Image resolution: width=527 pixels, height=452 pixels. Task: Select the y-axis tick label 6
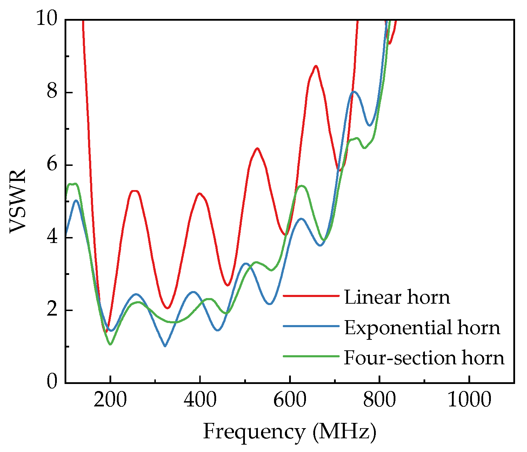[52, 165]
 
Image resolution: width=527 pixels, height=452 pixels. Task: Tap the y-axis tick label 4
[52, 237]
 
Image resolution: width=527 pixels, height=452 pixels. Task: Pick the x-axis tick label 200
[110, 400]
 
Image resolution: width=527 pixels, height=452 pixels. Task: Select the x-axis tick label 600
[289, 400]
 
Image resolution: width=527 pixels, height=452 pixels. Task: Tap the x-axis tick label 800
[379, 400]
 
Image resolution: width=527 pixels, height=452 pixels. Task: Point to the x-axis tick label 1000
[469, 400]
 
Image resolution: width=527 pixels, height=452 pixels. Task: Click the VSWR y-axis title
[18, 201]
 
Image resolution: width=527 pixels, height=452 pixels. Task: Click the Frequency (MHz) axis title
[289, 432]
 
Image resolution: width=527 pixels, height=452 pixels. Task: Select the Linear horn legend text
[397, 297]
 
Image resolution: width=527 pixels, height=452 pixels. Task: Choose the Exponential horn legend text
[422, 328]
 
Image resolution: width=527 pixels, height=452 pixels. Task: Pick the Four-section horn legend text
[424, 358]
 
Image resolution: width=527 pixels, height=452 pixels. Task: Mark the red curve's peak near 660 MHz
[316, 66]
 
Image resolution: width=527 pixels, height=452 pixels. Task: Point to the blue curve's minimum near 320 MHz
[165, 346]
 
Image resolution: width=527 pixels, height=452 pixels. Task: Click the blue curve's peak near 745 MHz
[354, 92]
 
